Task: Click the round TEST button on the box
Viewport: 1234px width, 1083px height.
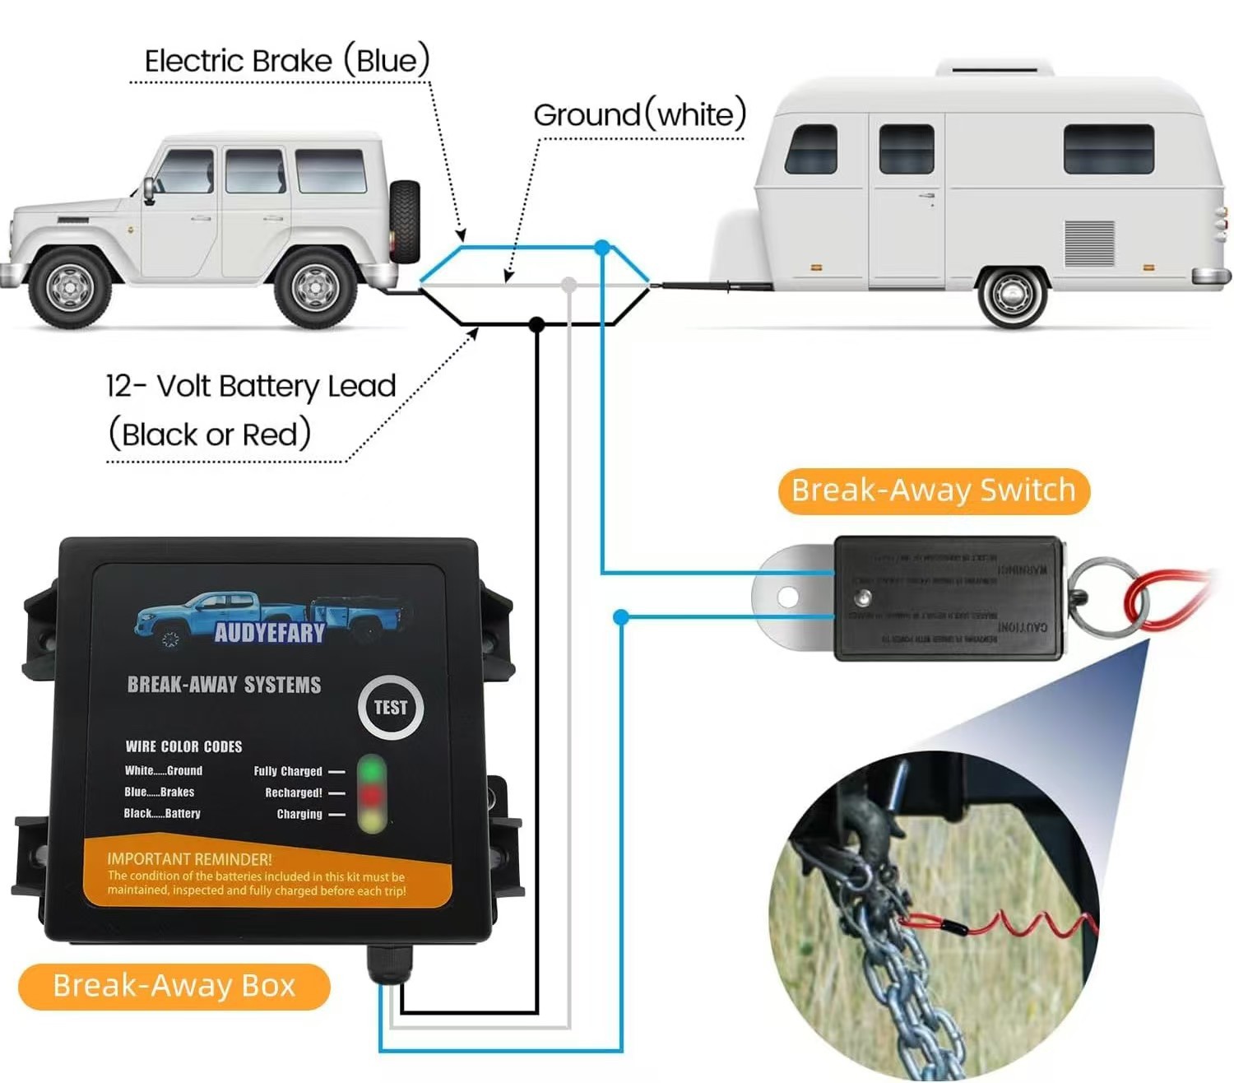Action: tap(390, 707)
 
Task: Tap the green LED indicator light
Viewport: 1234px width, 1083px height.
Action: tap(372, 770)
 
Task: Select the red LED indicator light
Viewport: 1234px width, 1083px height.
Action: tap(372, 795)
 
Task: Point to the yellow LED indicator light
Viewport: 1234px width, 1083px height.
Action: tap(372, 819)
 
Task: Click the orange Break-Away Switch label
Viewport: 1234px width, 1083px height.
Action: tap(933, 491)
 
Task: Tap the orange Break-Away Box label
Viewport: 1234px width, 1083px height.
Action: tap(174, 986)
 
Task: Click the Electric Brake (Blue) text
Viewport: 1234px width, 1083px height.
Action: tap(287, 61)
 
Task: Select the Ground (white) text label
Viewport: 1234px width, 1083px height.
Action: tap(639, 114)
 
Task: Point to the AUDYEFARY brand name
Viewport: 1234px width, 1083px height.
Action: tap(269, 632)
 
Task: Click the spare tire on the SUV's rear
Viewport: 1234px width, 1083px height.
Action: tap(405, 221)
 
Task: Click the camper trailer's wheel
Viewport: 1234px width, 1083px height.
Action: tap(1011, 294)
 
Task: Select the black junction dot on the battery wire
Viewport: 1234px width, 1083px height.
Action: tap(536, 324)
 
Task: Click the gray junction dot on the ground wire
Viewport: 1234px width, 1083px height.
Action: tap(568, 285)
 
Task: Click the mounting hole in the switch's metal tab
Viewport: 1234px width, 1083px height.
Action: tap(787, 596)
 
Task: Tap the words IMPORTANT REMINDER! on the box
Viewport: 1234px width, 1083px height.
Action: tap(189, 858)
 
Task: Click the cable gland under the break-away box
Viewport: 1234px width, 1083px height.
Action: tap(387, 963)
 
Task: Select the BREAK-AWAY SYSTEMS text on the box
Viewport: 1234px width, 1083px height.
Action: tap(224, 685)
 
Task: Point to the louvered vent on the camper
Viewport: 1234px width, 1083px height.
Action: tap(1089, 243)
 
